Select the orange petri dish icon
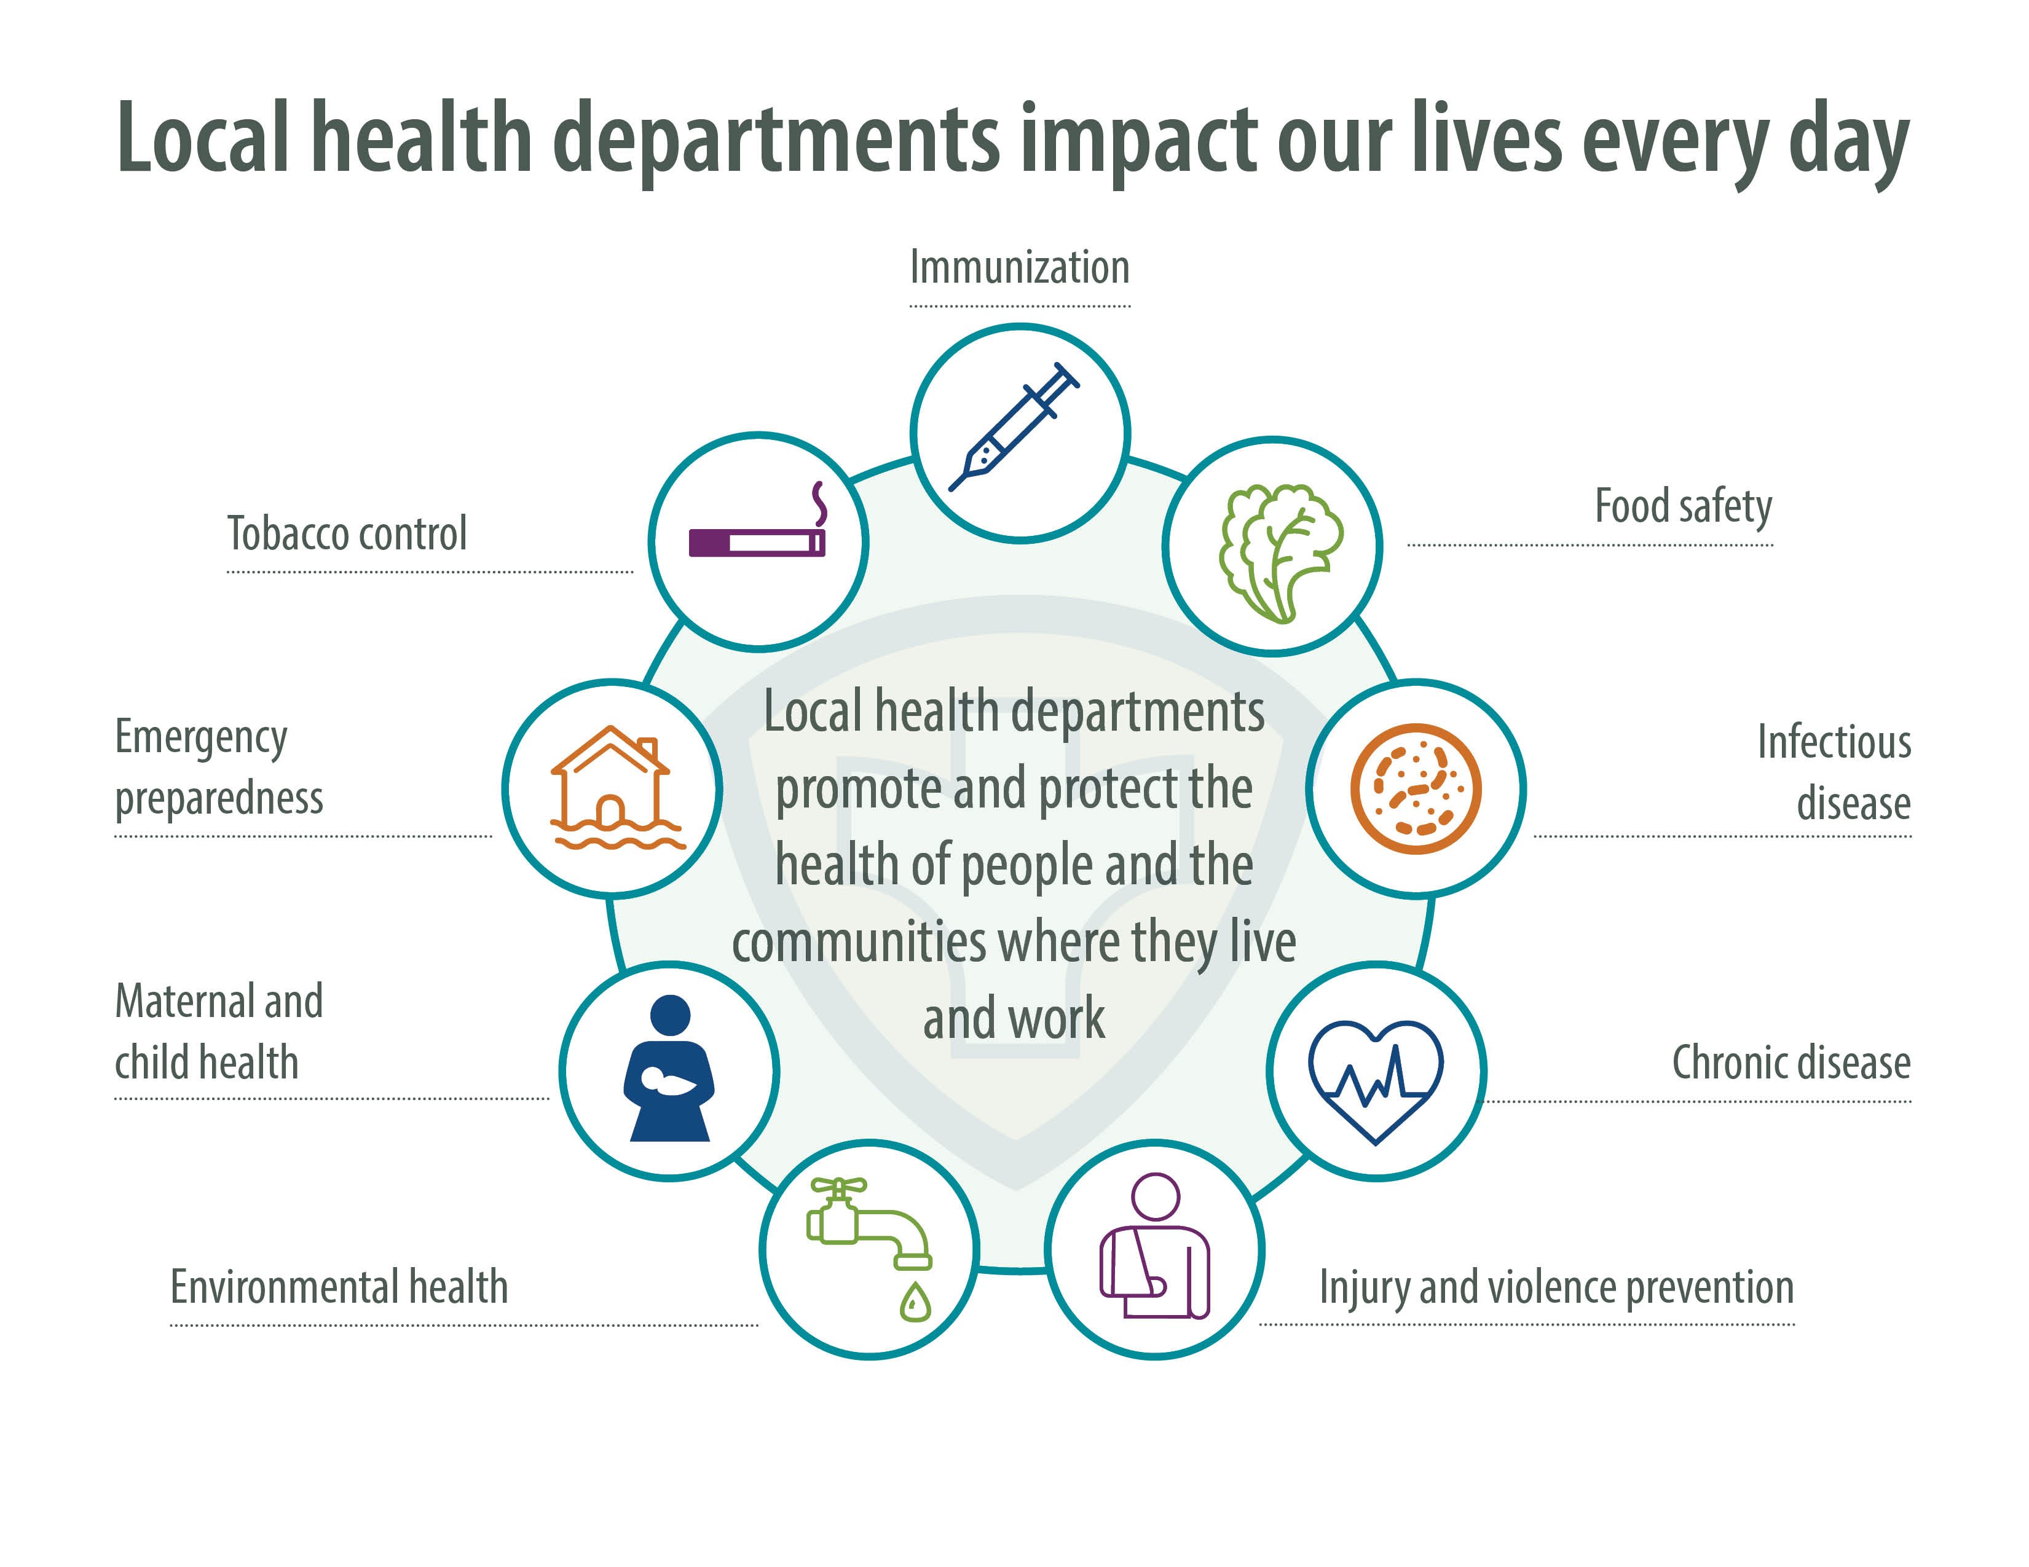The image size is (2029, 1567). (1415, 788)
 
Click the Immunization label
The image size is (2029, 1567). (1019, 267)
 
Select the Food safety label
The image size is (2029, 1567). (1682, 507)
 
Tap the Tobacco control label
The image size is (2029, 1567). (347, 534)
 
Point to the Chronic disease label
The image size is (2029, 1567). (1791, 1062)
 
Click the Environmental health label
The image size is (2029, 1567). (339, 1287)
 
